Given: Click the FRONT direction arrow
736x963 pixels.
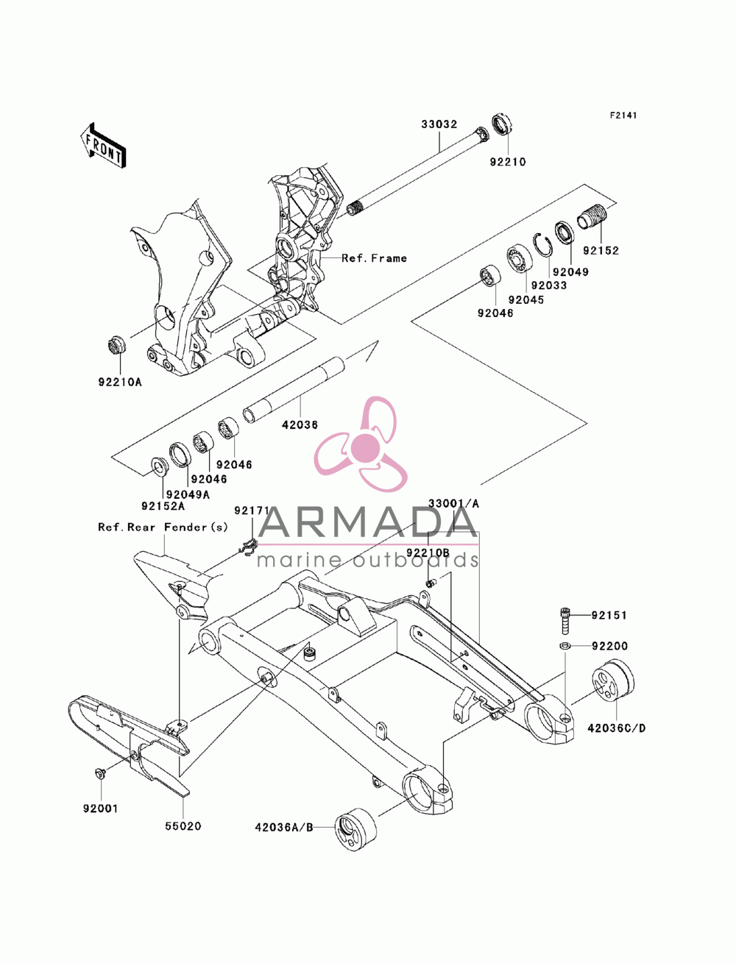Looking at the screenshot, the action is [103, 145].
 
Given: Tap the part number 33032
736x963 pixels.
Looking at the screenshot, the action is [439, 124].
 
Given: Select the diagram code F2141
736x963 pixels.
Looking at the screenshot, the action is [623, 116].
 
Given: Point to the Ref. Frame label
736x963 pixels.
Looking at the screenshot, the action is [374, 258].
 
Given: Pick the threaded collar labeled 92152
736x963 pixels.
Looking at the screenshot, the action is [592, 216].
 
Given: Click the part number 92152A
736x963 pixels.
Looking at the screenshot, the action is [163, 506].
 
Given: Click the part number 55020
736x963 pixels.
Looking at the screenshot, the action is [183, 826].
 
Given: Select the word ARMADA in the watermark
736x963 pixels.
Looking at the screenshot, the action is [367, 522].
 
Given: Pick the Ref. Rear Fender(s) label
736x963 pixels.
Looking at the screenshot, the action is [163, 527].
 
